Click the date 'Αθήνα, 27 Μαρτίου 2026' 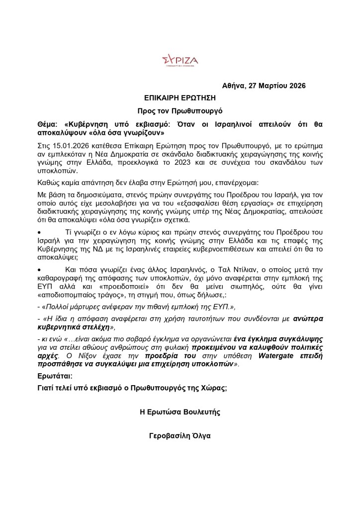coord(264,86)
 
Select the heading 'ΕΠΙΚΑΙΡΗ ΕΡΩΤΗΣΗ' coord(180,98)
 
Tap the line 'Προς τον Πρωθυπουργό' coord(180,111)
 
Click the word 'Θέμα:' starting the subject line coord(48,124)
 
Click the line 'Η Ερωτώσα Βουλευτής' coord(180,412)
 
